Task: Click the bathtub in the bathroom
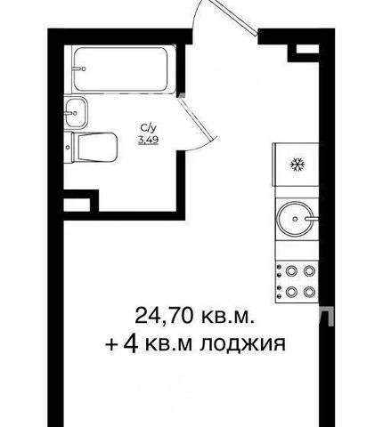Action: point(120,69)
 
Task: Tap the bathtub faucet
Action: point(79,68)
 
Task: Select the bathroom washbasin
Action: point(76,113)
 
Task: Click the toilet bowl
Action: point(96,147)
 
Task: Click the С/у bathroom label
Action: point(148,128)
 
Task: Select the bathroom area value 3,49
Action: point(148,139)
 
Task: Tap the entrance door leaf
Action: point(235,18)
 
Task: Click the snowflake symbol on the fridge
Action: point(297,165)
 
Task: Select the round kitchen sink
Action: point(295,219)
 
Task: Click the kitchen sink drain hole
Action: point(295,219)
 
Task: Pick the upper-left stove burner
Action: point(291,270)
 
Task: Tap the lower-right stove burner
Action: point(309,292)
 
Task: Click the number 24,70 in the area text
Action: point(167,316)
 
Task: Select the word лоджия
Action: point(242,344)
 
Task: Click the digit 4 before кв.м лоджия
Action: point(132,344)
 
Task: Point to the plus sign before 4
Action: point(110,345)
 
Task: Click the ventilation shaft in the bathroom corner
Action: point(77,205)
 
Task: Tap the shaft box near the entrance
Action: point(307,49)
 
